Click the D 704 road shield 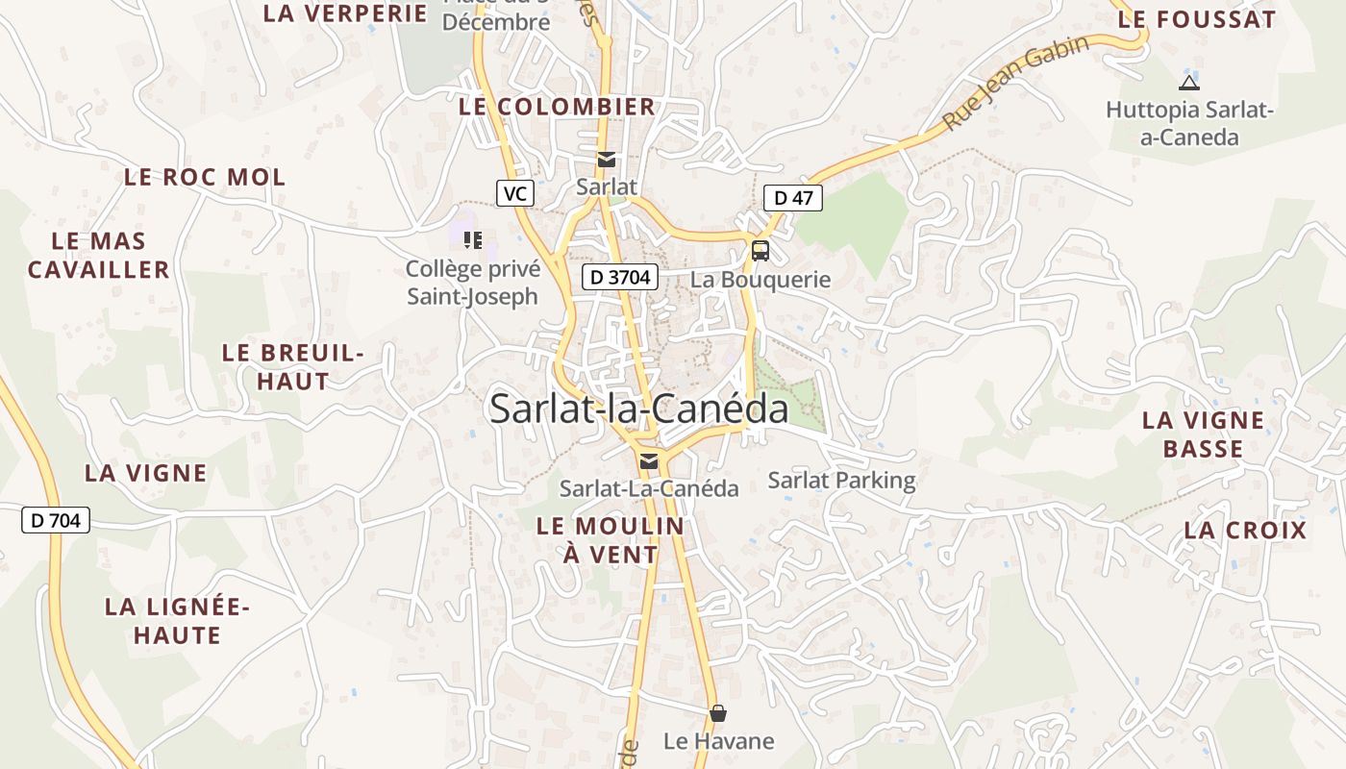pyautogui.click(x=56, y=521)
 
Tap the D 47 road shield pyautogui.click(x=793, y=198)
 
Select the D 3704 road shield pyautogui.click(x=620, y=278)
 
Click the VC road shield pyautogui.click(x=515, y=193)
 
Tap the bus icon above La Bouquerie pyautogui.click(x=760, y=251)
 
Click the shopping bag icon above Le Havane pyautogui.click(x=718, y=713)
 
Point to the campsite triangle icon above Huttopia pyautogui.click(x=1189, y=83)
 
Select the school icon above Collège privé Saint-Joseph pyautogui.click(x=472, y=239)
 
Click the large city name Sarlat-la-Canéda pyautogui.click(x=638, y=409)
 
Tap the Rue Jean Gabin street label pyautogui.click(x=1017, y=82)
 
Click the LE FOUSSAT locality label pyautogui.click(x=1196, y=19)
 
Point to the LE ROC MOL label pyautogui.click(x=205, y=177)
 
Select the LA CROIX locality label pyautogui.click(x=1245, y=531)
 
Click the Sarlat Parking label pyautogui.click(x=841, y=480)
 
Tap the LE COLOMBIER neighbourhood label pyautogui.click(x=557, y=107)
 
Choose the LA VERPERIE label pyautogui.click(x=345, y=13)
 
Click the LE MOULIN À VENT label pyautogui.click(x=611, y=540)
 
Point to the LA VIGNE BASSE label pyautogui.click(x=1203, y=434)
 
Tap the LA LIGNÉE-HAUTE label pyautogui.click(x=177, y=621)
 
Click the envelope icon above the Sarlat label pyautogui.click(x=607, y=160)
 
